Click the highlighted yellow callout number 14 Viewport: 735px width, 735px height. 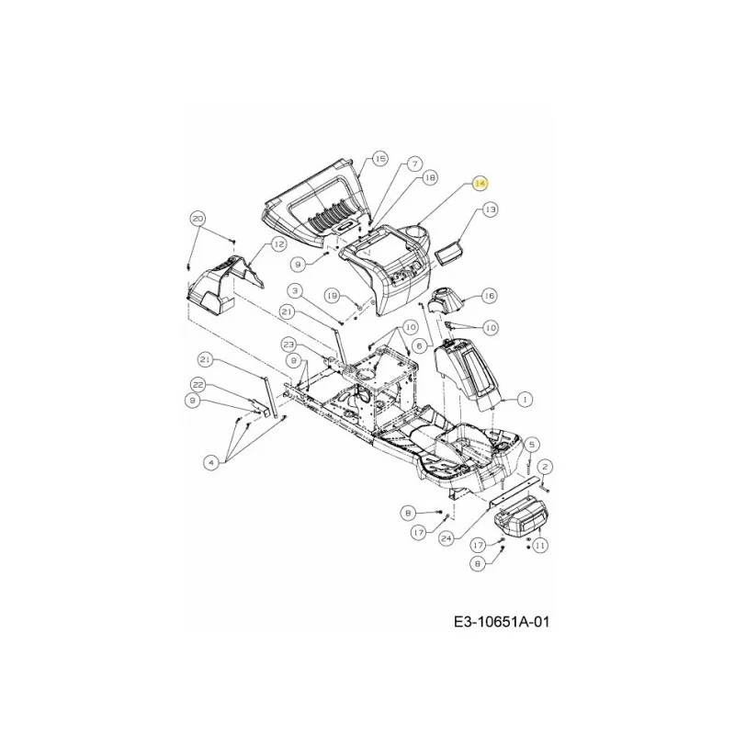coord(481,184)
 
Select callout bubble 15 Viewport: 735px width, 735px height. coord(380,158)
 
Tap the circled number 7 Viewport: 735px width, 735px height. coord(414,164)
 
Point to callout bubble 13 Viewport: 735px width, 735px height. coord(490,209)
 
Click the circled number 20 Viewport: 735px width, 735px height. coord(198,219)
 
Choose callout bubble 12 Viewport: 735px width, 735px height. coord(278,243)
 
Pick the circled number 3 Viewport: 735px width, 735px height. coord(295,291)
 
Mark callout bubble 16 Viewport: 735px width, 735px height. coord(489,296)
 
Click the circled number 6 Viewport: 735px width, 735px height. coord(420,346)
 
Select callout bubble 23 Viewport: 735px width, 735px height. coord(288,345)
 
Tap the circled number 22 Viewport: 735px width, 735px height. coord(199,385)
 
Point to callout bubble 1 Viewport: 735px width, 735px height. coord(525,400)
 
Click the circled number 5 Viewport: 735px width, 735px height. coord(531,445)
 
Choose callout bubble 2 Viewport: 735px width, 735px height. coord(545,467)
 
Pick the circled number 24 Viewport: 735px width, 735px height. coord(447,538)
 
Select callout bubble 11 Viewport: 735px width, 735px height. coord(540,545)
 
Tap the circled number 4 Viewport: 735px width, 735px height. coord(211,463)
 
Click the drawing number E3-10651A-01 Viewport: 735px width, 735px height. coord(502,622)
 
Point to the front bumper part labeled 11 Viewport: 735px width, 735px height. coord(522,517)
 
